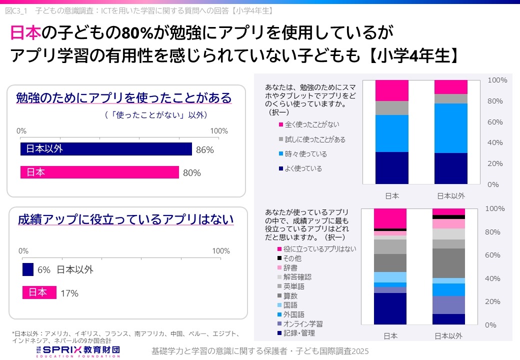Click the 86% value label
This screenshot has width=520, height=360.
click(x=205, y=149)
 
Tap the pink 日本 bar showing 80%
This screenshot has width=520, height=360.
click(x=99, y=172)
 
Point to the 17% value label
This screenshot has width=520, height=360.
click(x=69, y=293)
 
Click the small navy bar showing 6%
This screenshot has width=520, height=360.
click(x=28, y=269)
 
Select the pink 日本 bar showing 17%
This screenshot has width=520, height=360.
click(x=39, y=292)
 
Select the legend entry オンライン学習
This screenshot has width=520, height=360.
click(x=302, y=324)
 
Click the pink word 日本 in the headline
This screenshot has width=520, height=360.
click(x=25, y=33)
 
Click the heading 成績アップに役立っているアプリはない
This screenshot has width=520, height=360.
click(x=125, y=219)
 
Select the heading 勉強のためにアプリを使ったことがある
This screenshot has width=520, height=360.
click(x=124, y=97)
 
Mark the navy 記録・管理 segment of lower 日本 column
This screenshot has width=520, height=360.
click(x=390, y=308)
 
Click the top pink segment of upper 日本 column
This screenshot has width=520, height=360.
click(x=392, y=90)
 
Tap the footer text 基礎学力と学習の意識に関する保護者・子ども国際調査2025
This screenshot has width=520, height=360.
click(x=260, y=351)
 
